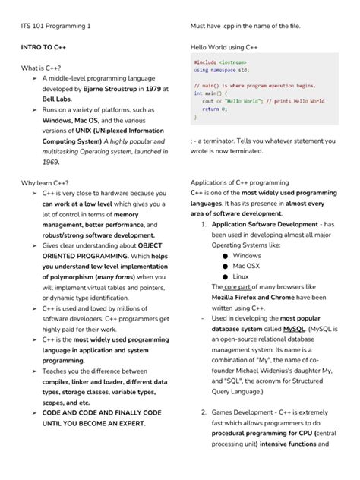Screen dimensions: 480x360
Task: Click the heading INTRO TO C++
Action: [43, 47]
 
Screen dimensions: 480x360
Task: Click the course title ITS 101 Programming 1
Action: [55, 26]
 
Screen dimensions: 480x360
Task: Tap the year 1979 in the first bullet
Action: [153, 89]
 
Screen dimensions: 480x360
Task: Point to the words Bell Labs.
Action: [58, 99]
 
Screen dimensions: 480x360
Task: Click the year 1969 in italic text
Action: [51, 162]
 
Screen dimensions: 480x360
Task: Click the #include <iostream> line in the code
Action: [219, 62]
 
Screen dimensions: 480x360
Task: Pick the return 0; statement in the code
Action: [215, 109]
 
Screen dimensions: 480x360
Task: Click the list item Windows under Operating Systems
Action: [246, 256]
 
